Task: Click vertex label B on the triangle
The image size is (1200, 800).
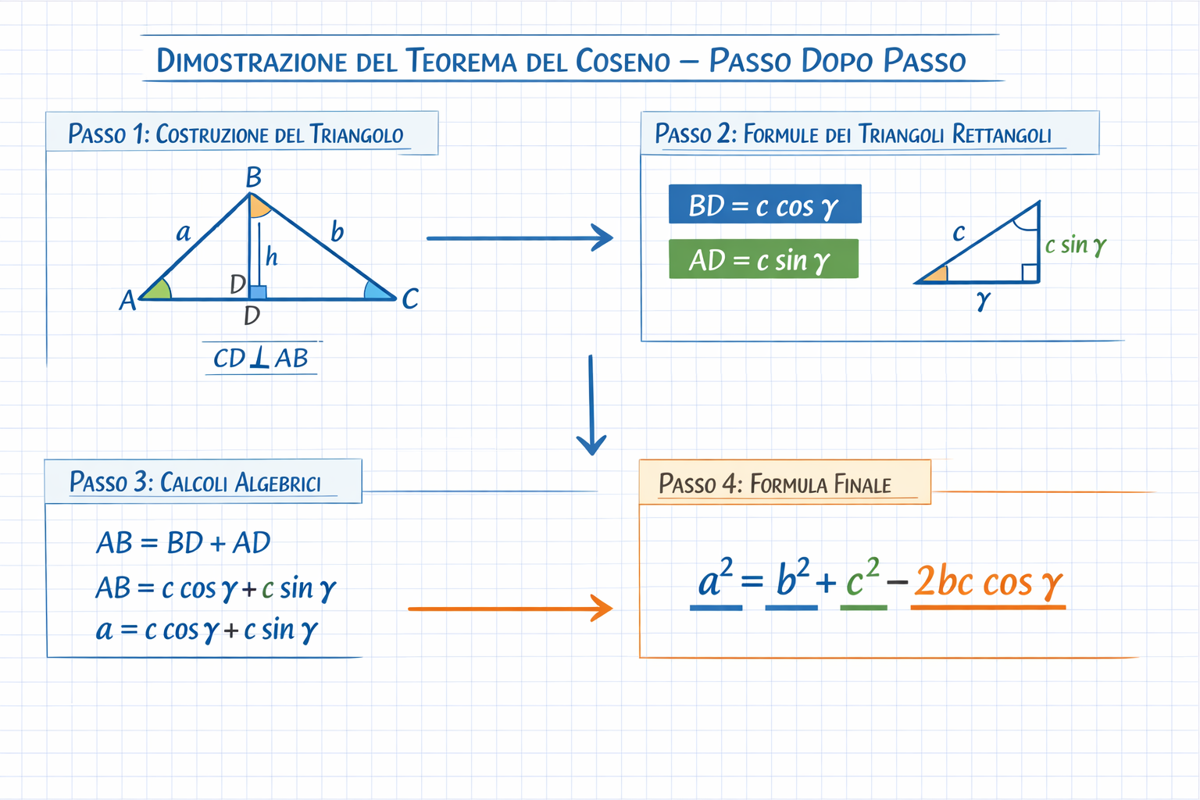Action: (253, 178)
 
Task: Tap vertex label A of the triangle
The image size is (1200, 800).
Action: (127, 300)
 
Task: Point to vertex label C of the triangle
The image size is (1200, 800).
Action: (410, 298)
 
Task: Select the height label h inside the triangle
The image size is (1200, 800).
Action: (271, 256)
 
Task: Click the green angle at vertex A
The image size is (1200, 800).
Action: (159, 290)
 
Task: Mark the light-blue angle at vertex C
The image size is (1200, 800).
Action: (377, 291)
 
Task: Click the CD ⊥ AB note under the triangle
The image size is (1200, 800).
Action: (261, 358)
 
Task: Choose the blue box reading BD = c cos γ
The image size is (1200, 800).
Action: (765, 205)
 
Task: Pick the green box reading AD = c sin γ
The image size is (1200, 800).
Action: (763, 259)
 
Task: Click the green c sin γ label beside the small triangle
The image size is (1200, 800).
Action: (1076, 245)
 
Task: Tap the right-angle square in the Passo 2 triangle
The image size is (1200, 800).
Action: (1030, 273)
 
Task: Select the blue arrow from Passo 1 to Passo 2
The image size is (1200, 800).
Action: (520, 237)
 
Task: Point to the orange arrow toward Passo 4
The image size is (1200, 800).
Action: (510, 608)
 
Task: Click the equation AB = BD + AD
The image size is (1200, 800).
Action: (184, 542)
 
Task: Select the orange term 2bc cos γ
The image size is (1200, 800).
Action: (988, 582)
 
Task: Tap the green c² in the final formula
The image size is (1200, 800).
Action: (862, 580)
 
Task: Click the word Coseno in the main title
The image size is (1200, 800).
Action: (623, 61)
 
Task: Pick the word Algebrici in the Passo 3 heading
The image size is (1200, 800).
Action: (278, 483)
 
